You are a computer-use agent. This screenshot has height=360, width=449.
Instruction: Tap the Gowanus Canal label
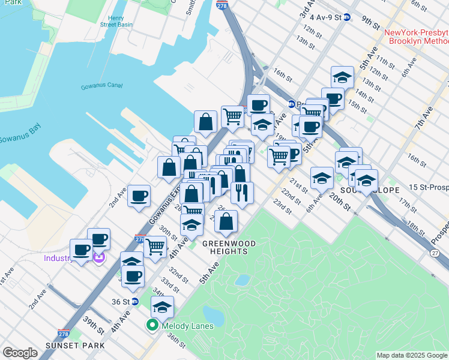click(101, 87)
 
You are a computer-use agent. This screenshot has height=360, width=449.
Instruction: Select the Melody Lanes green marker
click(152, 326)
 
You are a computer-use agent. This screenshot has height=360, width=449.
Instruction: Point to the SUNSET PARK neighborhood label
click(75, 346)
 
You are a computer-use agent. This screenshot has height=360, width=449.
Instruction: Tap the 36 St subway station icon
click(135, 301)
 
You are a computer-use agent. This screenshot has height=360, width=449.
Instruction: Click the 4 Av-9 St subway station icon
click(346, 18)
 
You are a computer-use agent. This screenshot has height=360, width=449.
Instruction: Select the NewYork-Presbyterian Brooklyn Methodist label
click(416, 37)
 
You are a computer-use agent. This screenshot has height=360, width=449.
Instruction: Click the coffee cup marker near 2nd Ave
click(139, 196)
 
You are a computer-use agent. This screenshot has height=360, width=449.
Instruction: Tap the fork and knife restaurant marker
click(242, 193)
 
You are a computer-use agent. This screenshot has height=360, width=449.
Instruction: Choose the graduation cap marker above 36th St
click(162, 307)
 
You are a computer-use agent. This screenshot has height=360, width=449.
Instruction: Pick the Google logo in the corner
click(20, 353)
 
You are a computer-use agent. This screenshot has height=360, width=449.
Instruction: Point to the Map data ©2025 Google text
click(412, 355)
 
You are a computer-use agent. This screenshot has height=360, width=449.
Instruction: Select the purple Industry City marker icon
click(100, 258)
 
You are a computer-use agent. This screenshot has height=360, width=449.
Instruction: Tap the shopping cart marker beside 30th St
click(155, 246)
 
